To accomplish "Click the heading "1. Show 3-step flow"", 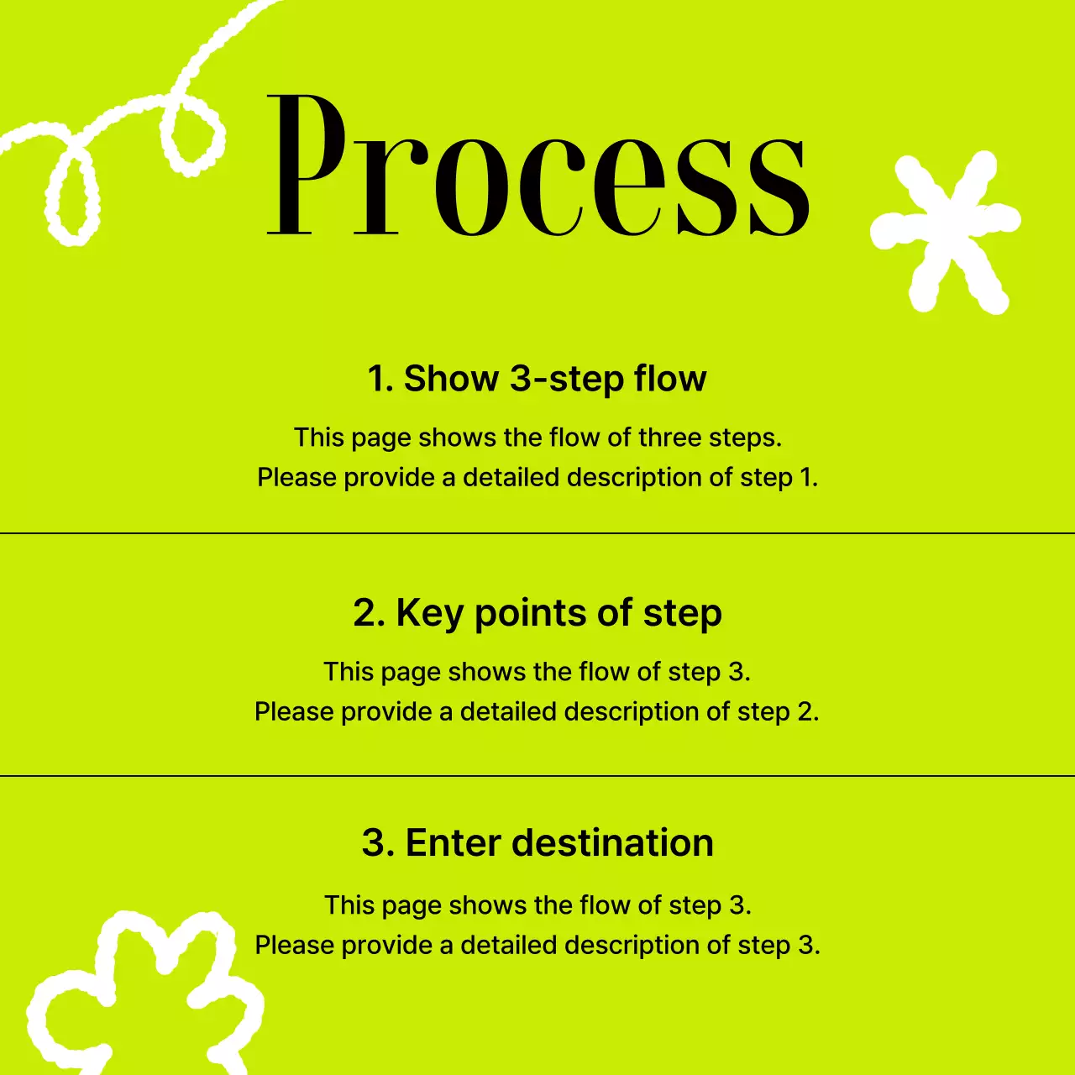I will (537, 379).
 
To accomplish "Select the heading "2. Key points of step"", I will (537, 613).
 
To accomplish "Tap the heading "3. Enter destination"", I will (537, 843).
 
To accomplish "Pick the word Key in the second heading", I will (430, 613).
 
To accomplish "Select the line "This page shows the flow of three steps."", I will (537, 438).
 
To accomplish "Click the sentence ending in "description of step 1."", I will (537, 477).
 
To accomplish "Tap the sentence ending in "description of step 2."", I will (537, 711).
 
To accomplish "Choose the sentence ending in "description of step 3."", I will (537, 945).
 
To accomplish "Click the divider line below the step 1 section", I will (537, 533).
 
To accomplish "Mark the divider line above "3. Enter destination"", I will (537, 776).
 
